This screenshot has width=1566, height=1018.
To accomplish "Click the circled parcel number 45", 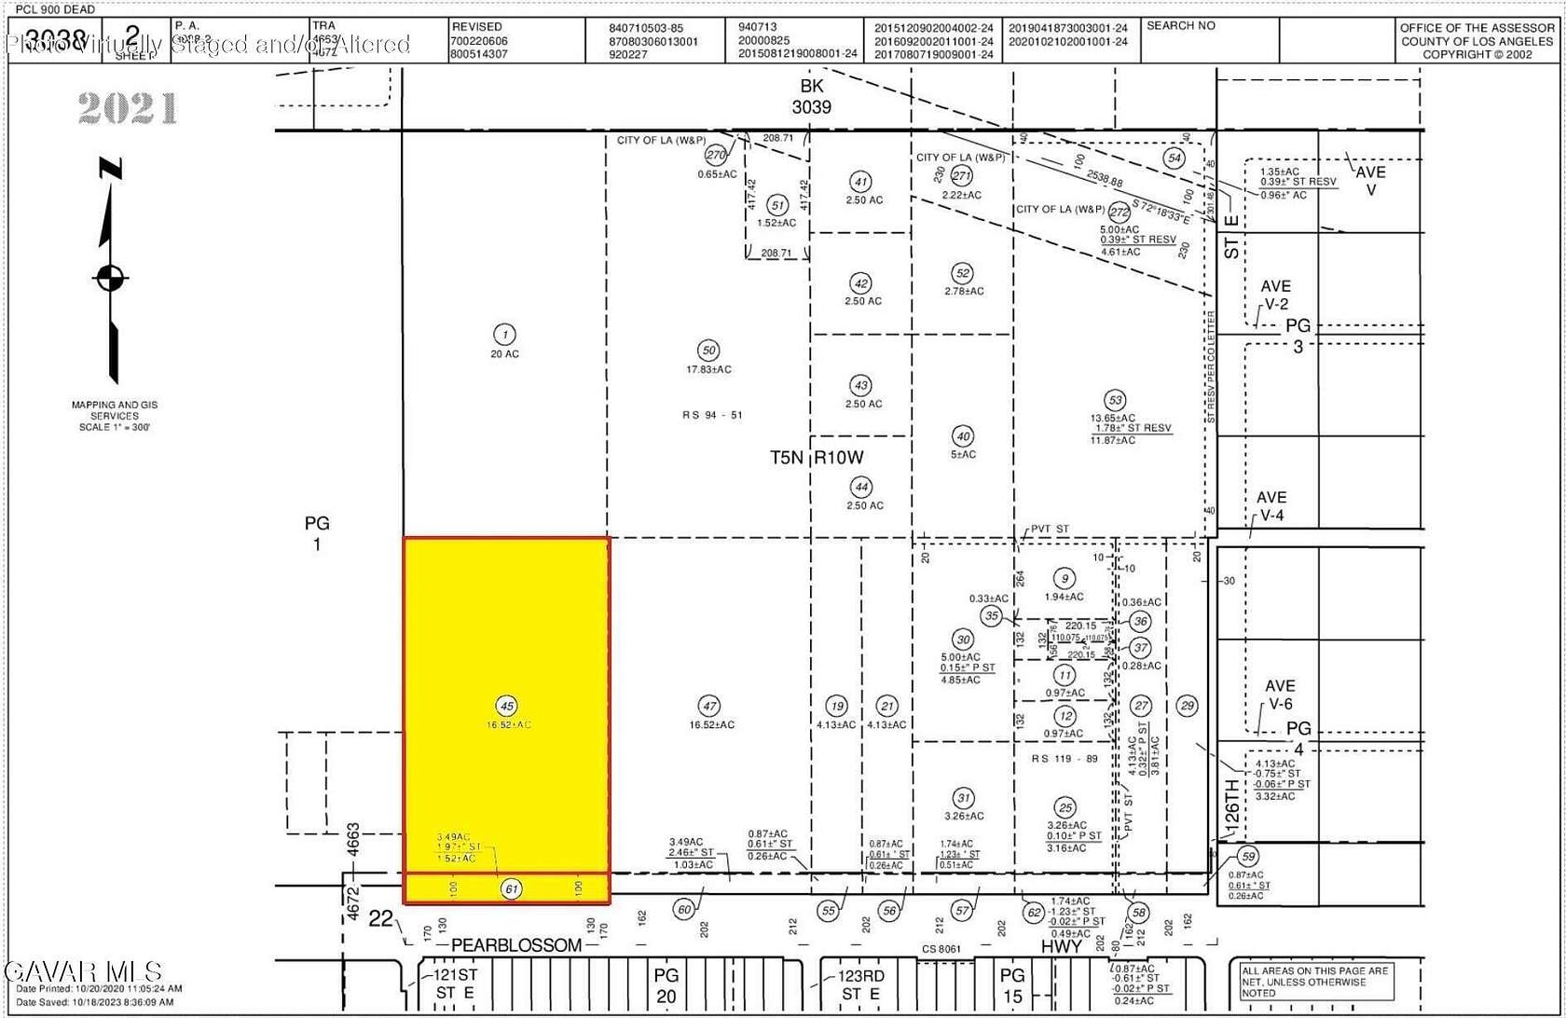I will coord(506,706).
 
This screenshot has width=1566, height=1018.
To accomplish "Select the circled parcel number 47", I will coord(709,706).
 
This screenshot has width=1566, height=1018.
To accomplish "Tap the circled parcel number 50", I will coord(708,351).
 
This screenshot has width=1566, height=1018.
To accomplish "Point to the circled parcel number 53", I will coord(1114,401).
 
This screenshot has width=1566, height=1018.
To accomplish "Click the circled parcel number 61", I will coord(511,888).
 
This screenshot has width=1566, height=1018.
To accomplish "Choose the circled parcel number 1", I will coord(504,335).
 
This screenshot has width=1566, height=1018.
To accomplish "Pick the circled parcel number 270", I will coord(716,155).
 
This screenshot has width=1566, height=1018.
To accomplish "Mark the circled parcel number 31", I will coord(963,798).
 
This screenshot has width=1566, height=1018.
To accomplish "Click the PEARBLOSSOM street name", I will coord(516,945).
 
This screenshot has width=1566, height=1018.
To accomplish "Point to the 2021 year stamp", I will coord(128,109).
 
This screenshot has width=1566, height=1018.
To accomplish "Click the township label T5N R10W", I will coord(817,458).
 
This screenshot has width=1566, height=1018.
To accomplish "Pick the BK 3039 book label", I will coord(811,97).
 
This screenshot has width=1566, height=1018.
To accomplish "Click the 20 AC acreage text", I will coord(504,354).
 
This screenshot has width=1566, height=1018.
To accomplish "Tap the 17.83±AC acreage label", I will coord(708,370).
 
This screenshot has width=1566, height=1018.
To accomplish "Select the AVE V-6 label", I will coord(1279,695).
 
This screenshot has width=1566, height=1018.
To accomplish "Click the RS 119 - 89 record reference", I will coord(1065,759).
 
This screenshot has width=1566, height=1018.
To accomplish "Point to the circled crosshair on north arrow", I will coord(111,277).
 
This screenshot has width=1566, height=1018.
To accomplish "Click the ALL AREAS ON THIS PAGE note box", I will coord(1314,982).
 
